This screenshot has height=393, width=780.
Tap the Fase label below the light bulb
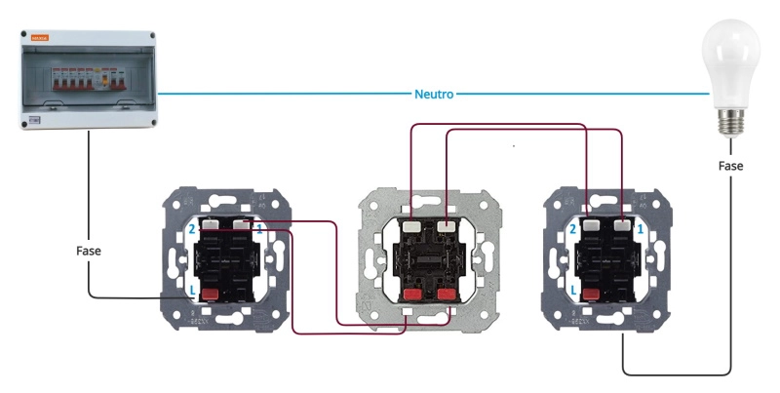pos(730,166)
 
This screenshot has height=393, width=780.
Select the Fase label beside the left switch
pos(89,251)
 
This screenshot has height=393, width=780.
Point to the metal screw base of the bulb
pos(730,122)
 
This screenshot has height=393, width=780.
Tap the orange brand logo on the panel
pos(40,39)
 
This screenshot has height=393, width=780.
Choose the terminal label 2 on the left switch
pos(192,228)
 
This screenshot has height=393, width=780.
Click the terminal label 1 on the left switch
pos(259,228)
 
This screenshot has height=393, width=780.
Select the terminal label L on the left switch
pos(192,292)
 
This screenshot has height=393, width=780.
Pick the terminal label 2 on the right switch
pos(573,228)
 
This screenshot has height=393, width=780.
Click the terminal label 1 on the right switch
pos(639,228)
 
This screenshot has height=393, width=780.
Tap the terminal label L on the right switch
pos(573,292)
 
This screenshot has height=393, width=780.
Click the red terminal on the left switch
pos(209,289)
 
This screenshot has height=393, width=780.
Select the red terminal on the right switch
pos(590,289)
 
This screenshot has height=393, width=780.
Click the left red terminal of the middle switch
pos(411,294)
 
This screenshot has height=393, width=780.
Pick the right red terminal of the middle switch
pos(448,294)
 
